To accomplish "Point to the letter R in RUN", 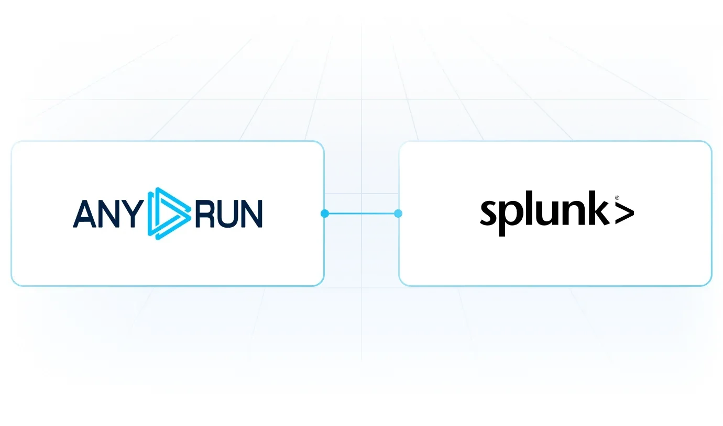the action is click(205, 214).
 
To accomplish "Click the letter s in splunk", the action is click(489, 213).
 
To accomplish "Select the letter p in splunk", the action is click(511, 218).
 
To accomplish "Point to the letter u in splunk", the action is click(546, 213).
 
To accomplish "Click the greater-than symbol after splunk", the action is click(625, 212).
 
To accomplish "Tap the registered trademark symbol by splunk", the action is click(617, 198).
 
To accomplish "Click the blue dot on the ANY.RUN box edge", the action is click(325, 214).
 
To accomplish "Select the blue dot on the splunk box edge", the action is click(398, 214).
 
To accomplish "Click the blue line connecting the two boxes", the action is click(361, 214).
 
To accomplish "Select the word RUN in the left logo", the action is click(229, 214).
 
